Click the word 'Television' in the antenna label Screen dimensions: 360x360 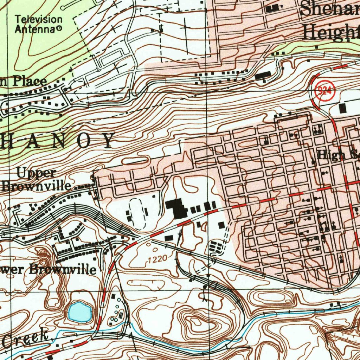tap(38, 19)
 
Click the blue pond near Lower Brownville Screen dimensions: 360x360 tap(80, 311)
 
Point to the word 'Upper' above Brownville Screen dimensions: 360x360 tap(36, 173)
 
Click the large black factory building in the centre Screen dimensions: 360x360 tap(177, 208)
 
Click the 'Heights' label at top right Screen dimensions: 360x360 tap(330, 33)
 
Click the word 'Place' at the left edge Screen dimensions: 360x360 tap(30, 82)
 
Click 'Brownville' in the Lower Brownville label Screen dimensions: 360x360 tap(62, 269)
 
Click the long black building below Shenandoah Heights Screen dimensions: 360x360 tap(263, 76)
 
